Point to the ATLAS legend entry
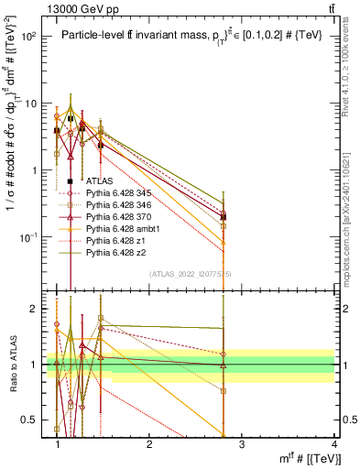coord(99,181)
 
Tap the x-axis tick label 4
coord(335,445)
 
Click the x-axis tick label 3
coord(243,445)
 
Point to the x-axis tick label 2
coord(149,445)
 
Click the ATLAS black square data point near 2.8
coord(249,217)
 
